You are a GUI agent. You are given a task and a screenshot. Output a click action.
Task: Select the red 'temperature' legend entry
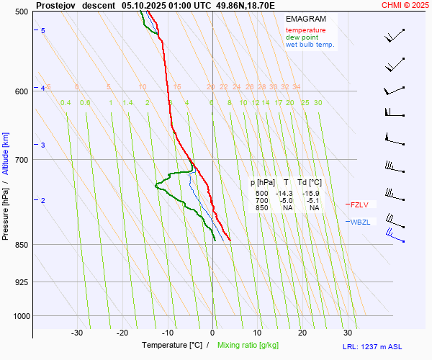305,30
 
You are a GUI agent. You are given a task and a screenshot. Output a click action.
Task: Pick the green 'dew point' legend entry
302,37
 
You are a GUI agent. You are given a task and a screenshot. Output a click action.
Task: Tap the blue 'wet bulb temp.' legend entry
310,45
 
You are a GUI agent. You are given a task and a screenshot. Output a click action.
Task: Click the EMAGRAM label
305,19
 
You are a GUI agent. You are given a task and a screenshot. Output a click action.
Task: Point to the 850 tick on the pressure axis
21,245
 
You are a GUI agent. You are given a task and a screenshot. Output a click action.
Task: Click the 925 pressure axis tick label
21,282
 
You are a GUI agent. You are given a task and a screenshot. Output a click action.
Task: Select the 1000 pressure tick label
19,315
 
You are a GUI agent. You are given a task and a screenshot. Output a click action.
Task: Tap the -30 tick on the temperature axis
77,333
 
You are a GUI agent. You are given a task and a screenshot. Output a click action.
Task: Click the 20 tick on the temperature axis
302,333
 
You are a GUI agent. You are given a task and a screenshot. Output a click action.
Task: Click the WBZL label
360,222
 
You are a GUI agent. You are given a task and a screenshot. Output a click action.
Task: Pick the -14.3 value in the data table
285,194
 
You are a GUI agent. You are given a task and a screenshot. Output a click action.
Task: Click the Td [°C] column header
310,183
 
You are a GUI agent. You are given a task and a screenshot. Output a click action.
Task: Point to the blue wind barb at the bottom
395,235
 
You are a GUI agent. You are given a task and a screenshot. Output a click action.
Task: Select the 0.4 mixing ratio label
66,103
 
